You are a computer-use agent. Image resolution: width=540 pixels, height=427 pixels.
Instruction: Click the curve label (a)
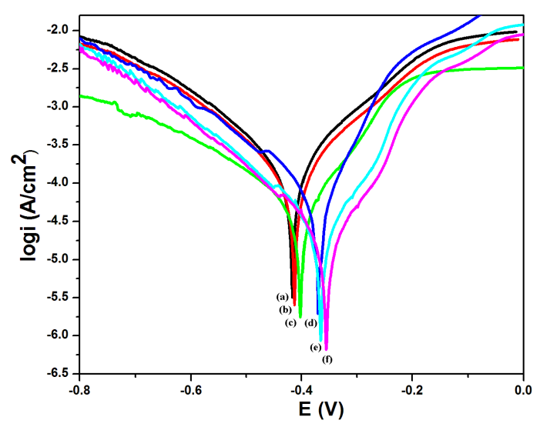pos(282,297)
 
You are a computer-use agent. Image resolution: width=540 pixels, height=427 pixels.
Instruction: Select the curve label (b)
pos(284,309)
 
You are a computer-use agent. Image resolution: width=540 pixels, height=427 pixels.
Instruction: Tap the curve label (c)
pos(290,322)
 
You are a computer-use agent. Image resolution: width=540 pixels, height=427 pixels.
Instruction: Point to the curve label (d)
pos(310,322)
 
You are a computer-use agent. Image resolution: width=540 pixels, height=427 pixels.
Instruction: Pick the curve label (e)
pos(316,347)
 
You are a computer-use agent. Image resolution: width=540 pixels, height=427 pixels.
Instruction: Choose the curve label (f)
pos(327,359)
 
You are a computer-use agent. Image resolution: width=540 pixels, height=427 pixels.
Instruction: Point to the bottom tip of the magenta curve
pos(326,349)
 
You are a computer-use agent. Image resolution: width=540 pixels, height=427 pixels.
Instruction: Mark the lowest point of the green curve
pos(300,316)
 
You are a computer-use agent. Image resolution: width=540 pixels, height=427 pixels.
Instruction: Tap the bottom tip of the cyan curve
pos(321,340)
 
